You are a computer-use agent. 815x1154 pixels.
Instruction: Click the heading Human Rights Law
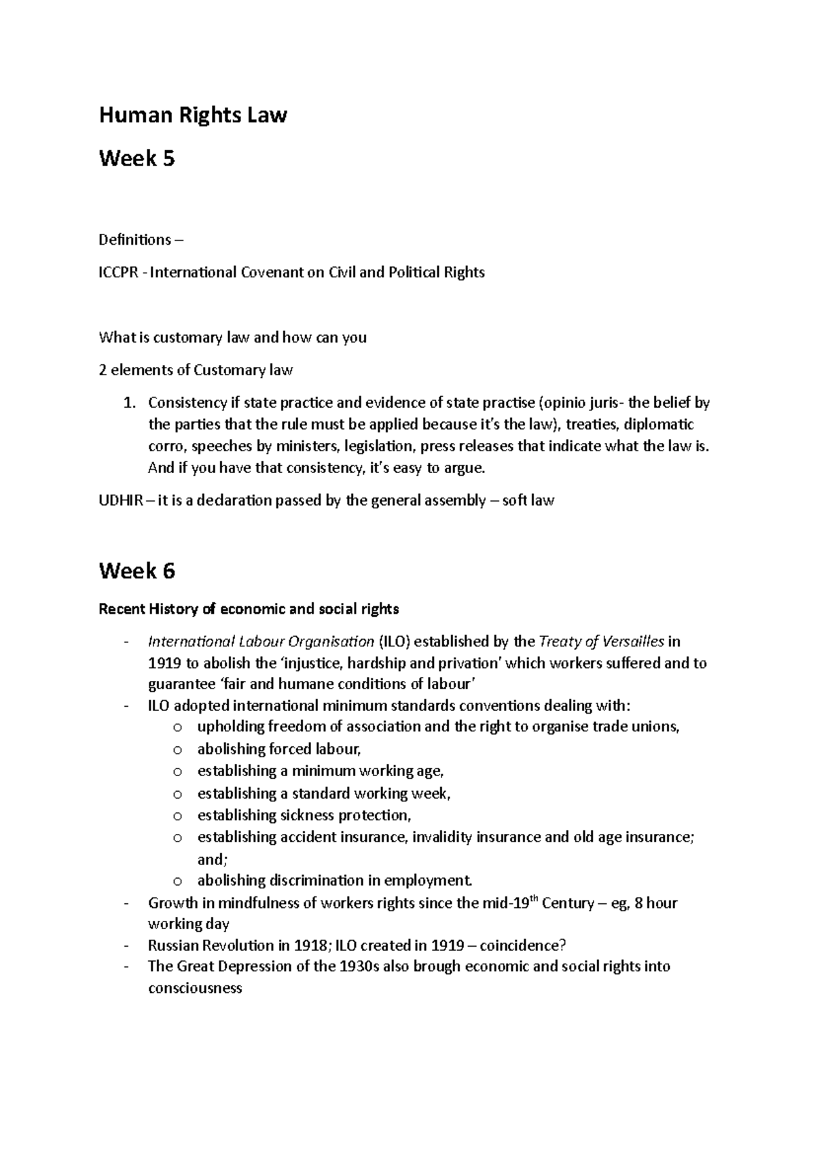(193, 116)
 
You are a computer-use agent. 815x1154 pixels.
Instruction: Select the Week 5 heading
(137, 159)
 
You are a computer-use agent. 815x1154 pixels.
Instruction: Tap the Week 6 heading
(137, 571)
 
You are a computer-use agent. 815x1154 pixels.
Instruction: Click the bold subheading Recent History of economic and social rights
(249, 608)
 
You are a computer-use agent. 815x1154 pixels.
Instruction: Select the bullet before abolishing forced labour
(177, 750)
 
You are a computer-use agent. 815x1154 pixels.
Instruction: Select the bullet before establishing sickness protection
(177, 816)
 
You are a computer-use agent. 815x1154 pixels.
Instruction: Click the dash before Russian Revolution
(127, 945)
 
